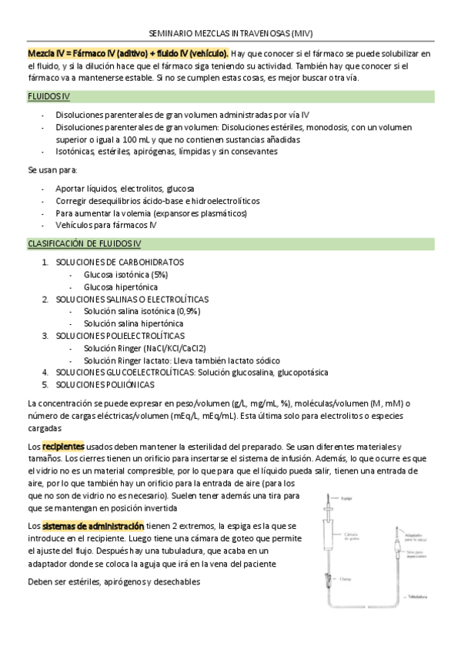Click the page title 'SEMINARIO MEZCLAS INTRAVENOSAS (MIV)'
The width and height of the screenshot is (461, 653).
coord(230,34)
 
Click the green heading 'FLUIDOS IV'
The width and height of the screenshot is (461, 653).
coord(51,96)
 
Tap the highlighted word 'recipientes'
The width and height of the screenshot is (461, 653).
coord(63,447)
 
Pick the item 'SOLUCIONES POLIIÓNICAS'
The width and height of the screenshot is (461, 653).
coord(104,384)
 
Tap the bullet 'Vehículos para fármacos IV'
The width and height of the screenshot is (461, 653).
coord(106,225)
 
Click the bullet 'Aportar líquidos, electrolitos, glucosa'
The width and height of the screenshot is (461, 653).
coord(125,188)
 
